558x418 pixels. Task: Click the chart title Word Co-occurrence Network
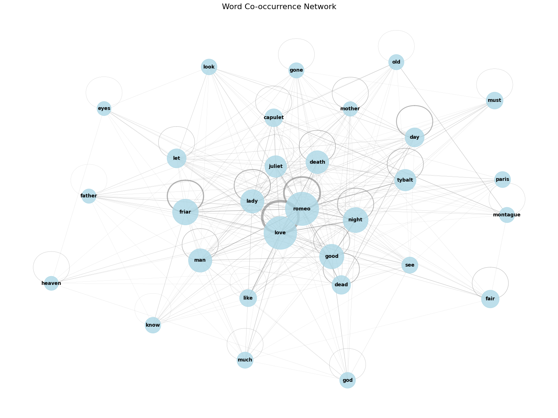tap(279, 7)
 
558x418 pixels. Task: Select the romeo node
tap(302, 209)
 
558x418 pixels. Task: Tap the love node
tap(280, 233)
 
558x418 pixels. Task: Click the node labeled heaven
tap(51, 283)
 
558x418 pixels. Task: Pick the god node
tap(347, 380)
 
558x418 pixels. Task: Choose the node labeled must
tap(494, 100)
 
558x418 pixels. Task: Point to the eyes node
tap(104, 108)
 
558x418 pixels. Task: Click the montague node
tap(507, 215)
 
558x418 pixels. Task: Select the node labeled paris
tap(502, 179)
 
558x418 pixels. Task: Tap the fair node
tap(490, 299)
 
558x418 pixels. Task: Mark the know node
tap(153, 325)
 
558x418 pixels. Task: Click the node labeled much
tap(245, 360)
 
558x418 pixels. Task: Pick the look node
tap(209, 67)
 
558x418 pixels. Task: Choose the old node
tap(396, 62)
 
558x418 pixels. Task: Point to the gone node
tap(296, 70)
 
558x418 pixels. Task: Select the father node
tap(88, 196)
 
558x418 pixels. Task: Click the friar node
tap(185, 212)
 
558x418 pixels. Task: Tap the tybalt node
tap(405, 180)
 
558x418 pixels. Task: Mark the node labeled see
tap(409, 265)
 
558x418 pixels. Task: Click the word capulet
tap(274, 117)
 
